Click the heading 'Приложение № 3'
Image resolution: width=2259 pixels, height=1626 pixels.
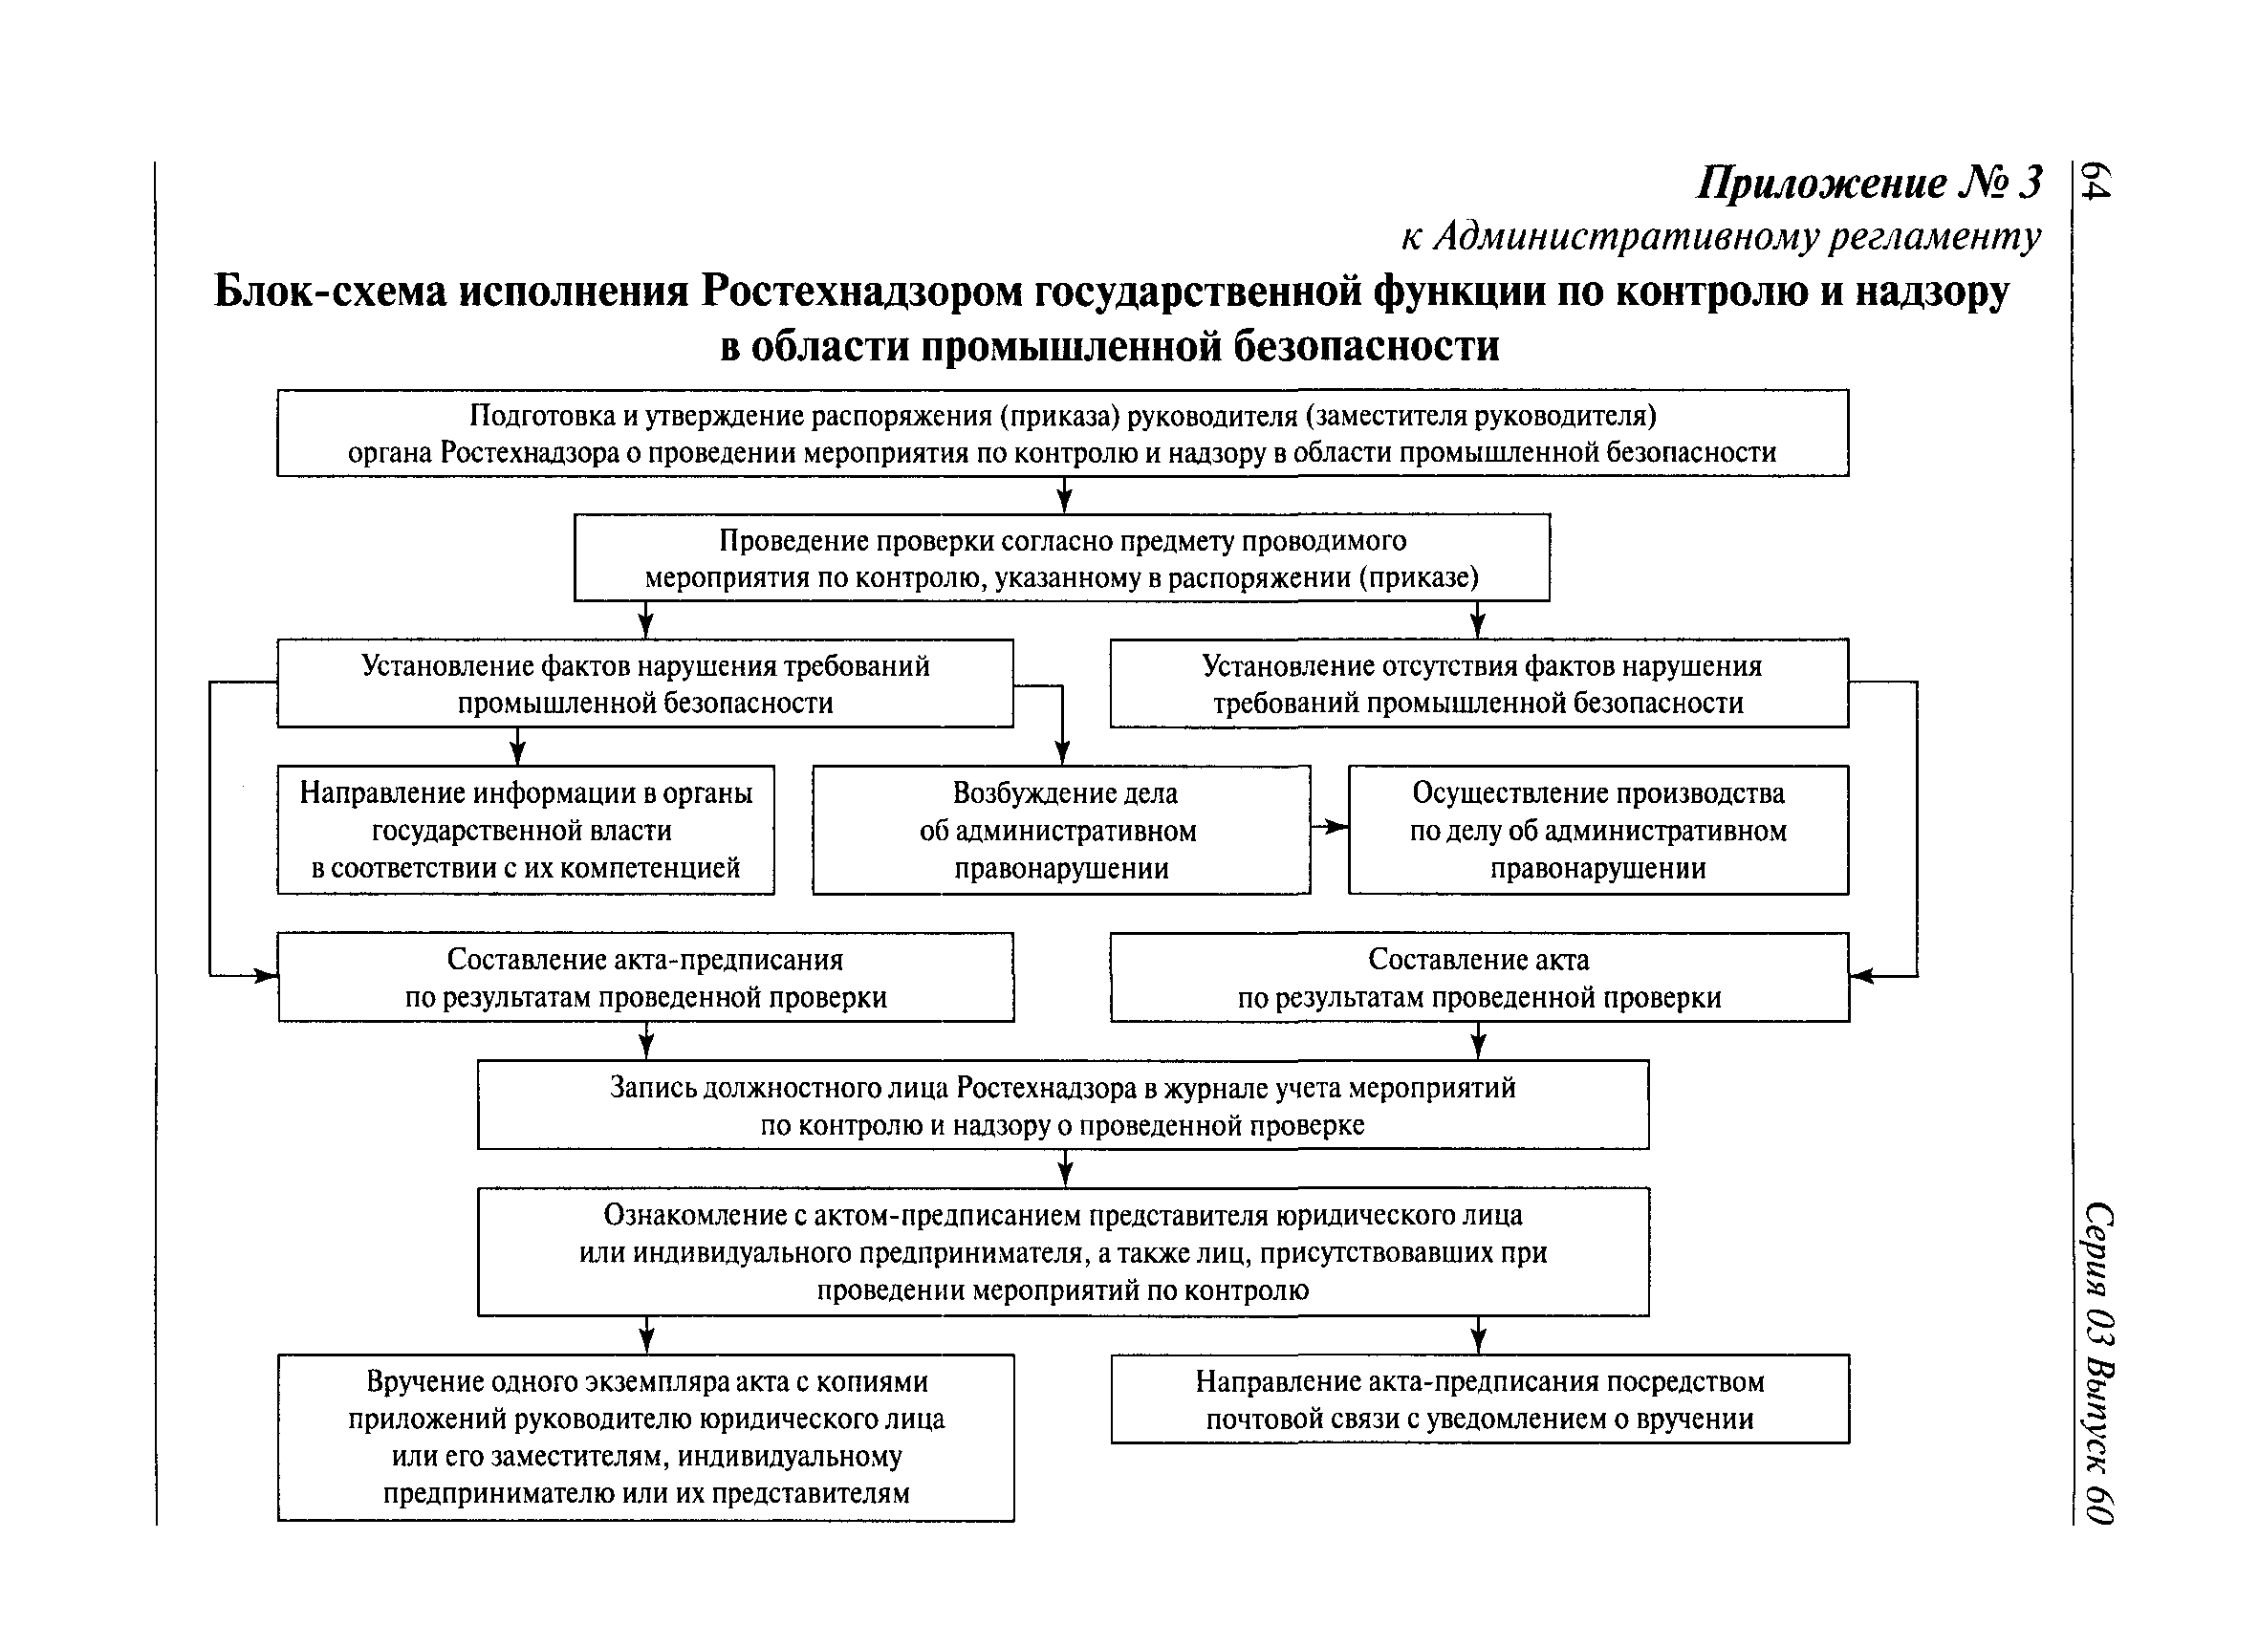[1869, 184]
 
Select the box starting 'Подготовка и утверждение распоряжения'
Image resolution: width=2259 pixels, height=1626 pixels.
[1062, 433]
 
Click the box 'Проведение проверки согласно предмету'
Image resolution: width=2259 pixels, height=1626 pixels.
[1062, 558]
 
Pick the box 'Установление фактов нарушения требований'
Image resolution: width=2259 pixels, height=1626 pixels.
[644, 684]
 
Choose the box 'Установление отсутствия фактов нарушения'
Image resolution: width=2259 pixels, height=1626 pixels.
[1479, 684]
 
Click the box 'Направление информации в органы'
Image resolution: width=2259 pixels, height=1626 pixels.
[525, 831]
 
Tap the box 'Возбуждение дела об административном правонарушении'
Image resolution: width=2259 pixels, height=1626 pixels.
[1061, 831]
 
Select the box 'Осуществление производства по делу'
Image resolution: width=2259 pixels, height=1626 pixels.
[1597, 831]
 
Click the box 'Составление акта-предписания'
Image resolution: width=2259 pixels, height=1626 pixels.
[645, 978]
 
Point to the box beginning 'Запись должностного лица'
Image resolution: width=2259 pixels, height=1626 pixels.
[1063, 1105]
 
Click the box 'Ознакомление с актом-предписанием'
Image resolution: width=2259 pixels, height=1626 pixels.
[1063, 1251]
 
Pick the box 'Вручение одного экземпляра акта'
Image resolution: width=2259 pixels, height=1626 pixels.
[645, 1437]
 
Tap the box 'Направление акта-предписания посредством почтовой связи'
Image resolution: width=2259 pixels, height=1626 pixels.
[1479, 1399]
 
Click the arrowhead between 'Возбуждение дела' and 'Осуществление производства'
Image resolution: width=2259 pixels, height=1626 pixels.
[1337, 828]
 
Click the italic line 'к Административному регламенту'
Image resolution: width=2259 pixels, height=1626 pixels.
[1720, 237]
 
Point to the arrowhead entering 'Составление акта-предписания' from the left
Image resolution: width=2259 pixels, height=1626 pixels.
[266, 977]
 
